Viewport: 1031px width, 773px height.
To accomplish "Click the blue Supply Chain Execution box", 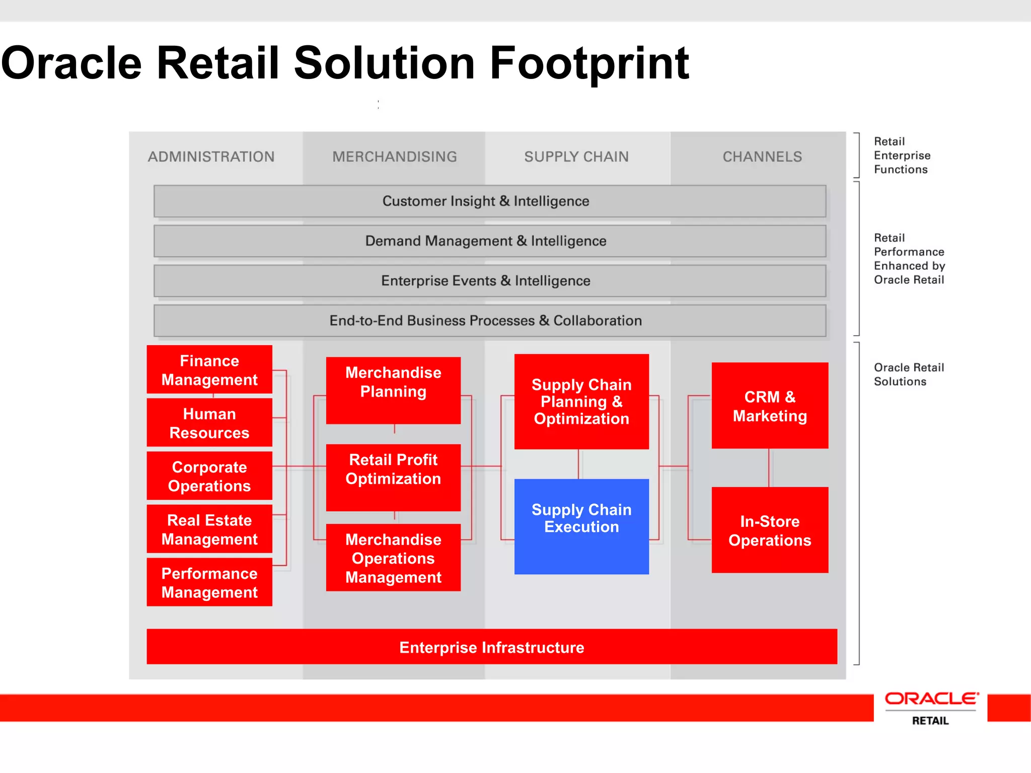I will (x=581, y=526).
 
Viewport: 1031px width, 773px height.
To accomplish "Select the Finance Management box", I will (x=209, y=369).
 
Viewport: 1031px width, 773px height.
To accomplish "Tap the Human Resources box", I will (x=209, y=423).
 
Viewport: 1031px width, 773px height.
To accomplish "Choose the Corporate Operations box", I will (x=209, y=476).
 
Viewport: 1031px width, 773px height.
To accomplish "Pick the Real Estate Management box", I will (x=209, y=529).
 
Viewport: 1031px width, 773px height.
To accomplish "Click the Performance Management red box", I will (x=209, y=582).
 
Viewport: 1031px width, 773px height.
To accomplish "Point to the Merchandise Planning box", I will (x=393, y=391).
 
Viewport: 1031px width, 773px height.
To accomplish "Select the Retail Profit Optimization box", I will (x=393, y=477).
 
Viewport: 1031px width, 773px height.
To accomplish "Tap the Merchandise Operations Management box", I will (x=393, y=558).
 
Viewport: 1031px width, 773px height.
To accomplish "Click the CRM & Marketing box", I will (x=770, y=406).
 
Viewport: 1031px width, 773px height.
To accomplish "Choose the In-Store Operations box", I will (x=770, y=530).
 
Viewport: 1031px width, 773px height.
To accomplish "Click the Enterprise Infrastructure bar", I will (x=491, y=647).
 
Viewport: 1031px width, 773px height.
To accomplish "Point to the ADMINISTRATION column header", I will (x=211, y=157).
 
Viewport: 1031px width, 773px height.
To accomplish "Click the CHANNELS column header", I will (x=762, y=157).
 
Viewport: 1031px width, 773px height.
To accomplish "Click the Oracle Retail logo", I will (x=931, y=708).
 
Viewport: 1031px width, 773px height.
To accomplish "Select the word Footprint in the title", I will (x=589, y=63).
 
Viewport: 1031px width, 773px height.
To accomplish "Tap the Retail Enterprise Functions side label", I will (x=901, y=156).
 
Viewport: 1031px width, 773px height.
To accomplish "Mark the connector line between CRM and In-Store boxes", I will (x=769, y=468).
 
